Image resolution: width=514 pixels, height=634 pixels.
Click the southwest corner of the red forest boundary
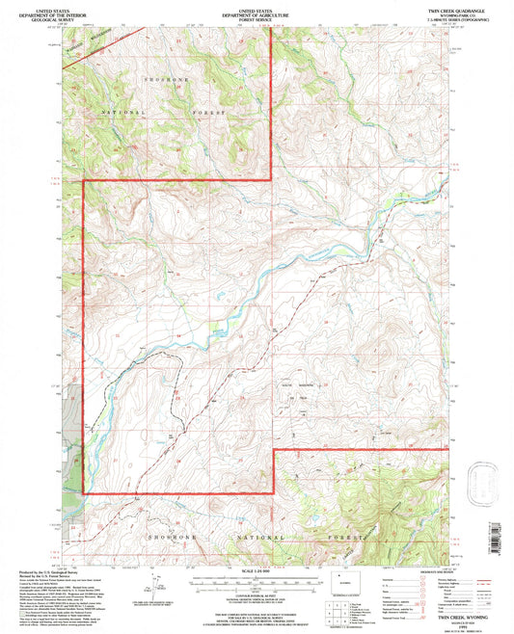click(84, 493)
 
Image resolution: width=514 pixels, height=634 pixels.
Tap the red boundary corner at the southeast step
click(273, 449)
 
